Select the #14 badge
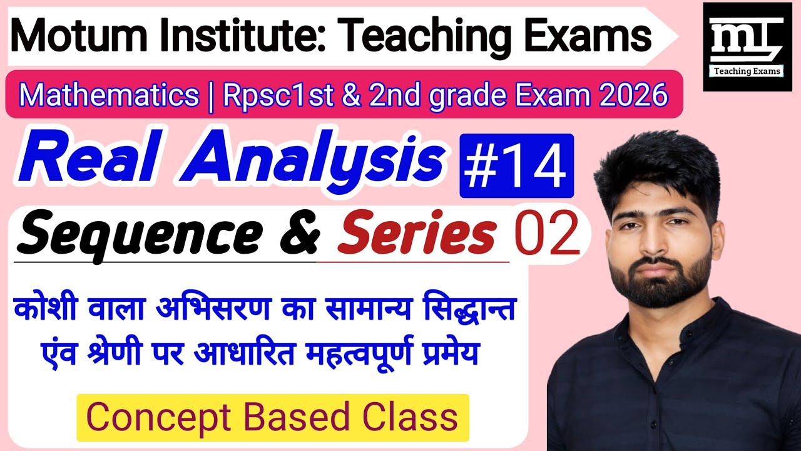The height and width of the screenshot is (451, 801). (x=517, y=165)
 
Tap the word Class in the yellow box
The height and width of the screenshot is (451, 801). (x=412, y=417)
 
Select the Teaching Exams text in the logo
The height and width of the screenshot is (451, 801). (x=747, y=71)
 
